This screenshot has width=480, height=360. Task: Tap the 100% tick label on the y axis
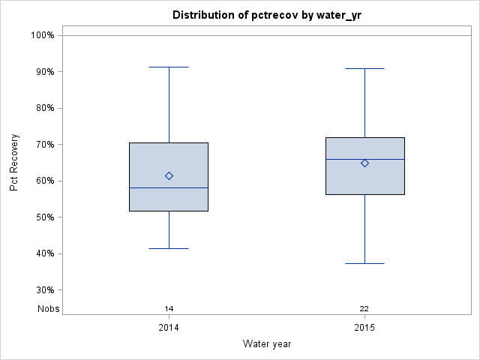point(43,35)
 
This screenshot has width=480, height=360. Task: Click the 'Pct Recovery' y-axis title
point(14,163)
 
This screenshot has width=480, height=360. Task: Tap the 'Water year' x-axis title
point(266,344)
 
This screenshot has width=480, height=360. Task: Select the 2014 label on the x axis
point(169,328)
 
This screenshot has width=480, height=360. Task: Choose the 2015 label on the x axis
point(364,328)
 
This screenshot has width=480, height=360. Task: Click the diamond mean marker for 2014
point(169,176)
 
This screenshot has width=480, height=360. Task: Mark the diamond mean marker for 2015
point(364,163)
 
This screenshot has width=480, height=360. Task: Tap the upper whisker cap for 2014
point(169,67)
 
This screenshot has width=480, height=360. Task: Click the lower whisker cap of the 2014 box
point(169,248)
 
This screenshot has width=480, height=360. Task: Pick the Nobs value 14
point(169,309)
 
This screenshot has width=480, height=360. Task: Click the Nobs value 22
point(364,309)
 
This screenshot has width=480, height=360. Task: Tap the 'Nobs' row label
point(49,309)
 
